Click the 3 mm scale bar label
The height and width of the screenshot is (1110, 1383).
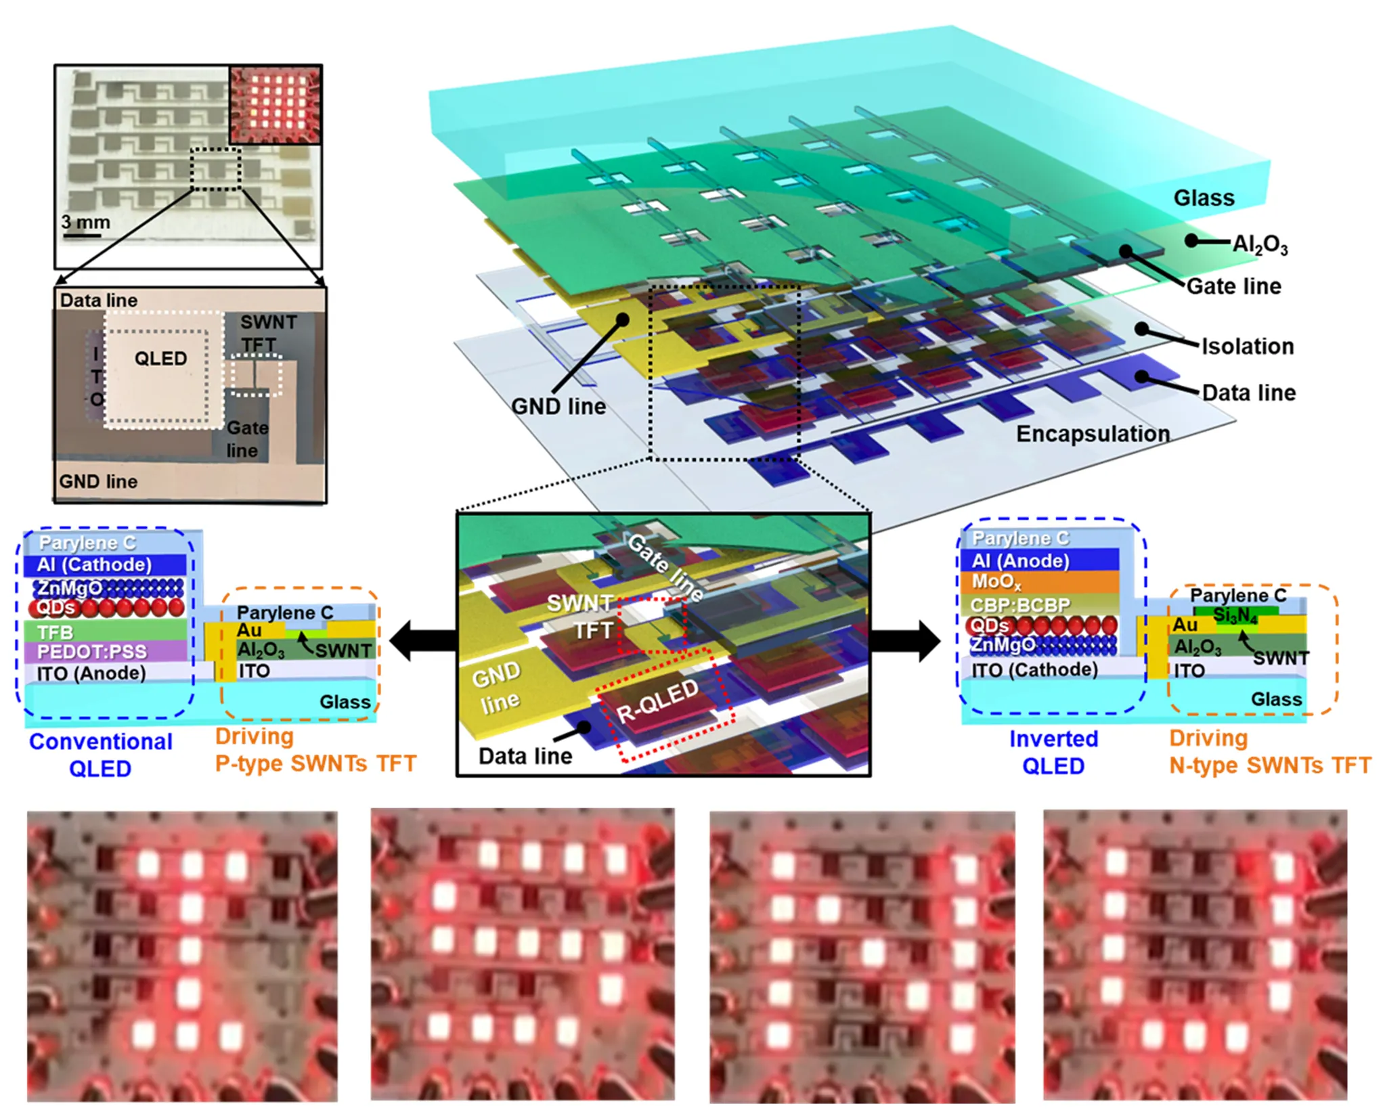(85, 222)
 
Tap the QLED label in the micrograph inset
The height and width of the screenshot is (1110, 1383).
(160, 358)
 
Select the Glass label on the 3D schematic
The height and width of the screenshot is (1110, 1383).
(1204, 198)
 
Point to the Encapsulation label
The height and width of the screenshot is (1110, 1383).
(1093, 434)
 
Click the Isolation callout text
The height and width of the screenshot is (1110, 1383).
(1247, 347)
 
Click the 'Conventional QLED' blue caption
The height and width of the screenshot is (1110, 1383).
(101, 755)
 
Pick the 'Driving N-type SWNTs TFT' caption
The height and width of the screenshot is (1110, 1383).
(1269, 752)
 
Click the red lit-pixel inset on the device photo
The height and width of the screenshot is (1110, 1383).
(276, 104)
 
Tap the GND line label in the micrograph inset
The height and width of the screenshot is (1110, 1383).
(98, 481)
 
